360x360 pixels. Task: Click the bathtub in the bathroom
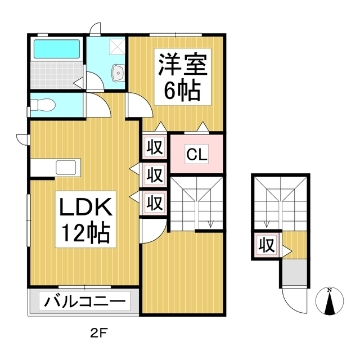coord(57,49)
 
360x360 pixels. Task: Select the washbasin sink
coord(118,73)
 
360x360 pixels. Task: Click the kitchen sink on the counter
coord(66,168)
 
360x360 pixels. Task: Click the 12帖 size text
coord(85,232)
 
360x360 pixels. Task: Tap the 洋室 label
coord(182,65)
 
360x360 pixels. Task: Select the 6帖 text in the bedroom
coord(182,90)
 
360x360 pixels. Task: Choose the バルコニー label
coord(85,301)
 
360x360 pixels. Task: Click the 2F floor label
coord(99,334)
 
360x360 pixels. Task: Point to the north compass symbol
coord(330,301)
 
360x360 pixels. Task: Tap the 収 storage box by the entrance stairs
coord(267,245)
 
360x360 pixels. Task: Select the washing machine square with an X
coord(116,46)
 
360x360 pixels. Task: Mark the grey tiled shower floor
coord(57,75)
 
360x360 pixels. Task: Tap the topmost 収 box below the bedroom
coord(155,147)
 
